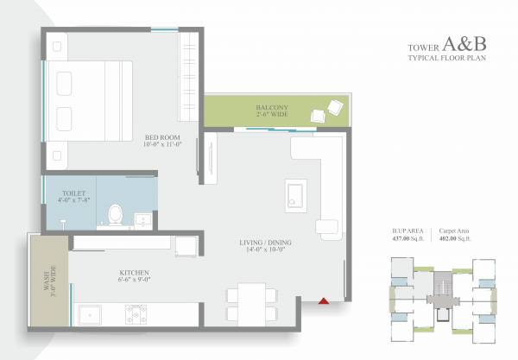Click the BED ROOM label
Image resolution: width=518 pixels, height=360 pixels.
click(x=161, y=137)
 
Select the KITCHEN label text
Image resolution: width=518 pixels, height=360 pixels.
click(x=134, y=271)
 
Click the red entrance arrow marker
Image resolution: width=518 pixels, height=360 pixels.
click(x=325, y=300)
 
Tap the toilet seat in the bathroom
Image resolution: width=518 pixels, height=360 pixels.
click(x=114, y=212)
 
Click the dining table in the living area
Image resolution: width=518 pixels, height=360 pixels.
click(x=252, y=304)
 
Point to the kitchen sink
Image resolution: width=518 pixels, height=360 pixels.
click(x=93, y=314)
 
